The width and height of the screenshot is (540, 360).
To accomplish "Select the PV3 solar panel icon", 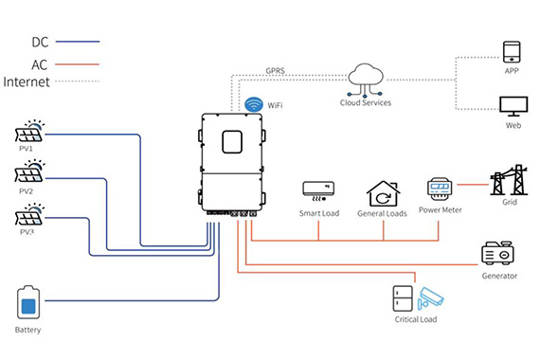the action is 29,214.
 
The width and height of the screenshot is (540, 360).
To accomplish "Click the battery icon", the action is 28,302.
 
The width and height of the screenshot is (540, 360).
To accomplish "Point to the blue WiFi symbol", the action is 254,104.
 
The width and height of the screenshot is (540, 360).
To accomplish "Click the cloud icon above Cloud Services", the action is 365,80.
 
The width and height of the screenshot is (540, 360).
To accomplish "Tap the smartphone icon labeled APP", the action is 512,52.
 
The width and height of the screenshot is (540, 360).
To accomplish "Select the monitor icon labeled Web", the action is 513,106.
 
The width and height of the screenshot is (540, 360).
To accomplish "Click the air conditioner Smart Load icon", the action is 318,190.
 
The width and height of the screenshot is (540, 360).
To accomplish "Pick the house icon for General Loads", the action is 383,193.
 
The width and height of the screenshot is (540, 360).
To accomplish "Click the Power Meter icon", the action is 440,189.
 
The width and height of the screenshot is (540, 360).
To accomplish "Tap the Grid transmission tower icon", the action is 509,180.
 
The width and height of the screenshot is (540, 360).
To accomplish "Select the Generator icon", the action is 497,253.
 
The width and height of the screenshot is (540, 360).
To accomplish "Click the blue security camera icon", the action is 430,297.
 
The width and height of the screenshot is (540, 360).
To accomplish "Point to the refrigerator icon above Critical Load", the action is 403,298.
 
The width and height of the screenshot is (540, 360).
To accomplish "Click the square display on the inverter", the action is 232,141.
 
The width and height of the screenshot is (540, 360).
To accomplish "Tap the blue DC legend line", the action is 78,42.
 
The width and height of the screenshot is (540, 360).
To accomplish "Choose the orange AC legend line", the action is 77,64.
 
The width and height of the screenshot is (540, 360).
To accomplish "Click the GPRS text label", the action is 275,71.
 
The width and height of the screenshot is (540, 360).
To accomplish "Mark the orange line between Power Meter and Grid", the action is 473,185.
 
